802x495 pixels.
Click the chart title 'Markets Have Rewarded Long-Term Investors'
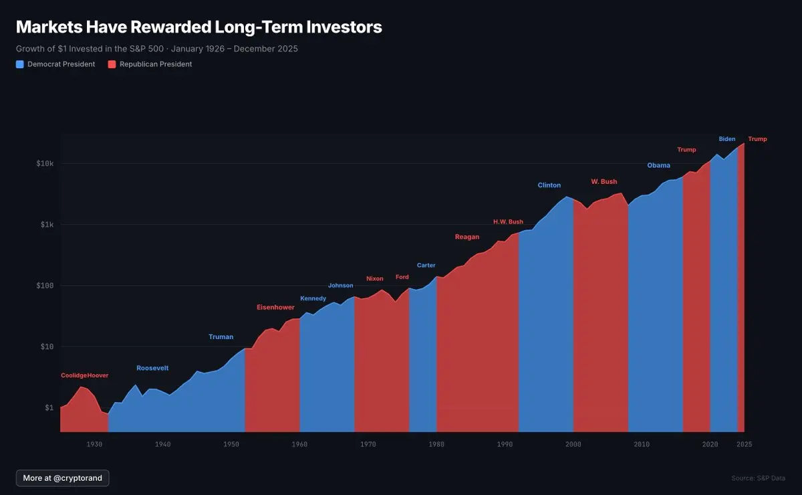[198, 27]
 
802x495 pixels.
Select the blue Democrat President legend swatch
[20, 64]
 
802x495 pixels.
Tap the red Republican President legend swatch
[112, 64]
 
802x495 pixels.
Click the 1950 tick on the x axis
[231, 444]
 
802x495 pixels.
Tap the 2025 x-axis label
[744, 444]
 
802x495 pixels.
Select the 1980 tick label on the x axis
[436, 444]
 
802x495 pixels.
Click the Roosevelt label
[152, 369]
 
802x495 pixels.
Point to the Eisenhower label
[275, 308]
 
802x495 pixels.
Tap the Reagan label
[467, 237]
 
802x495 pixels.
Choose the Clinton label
[549, 185]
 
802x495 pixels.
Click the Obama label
[658, 166]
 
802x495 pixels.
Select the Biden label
[727, 139]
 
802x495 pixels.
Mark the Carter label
[426, 266]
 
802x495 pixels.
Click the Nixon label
[375, 279]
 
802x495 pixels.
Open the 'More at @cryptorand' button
[63, 478]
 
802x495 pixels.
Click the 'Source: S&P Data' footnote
[759, 478]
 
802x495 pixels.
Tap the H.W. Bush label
[508, 222]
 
